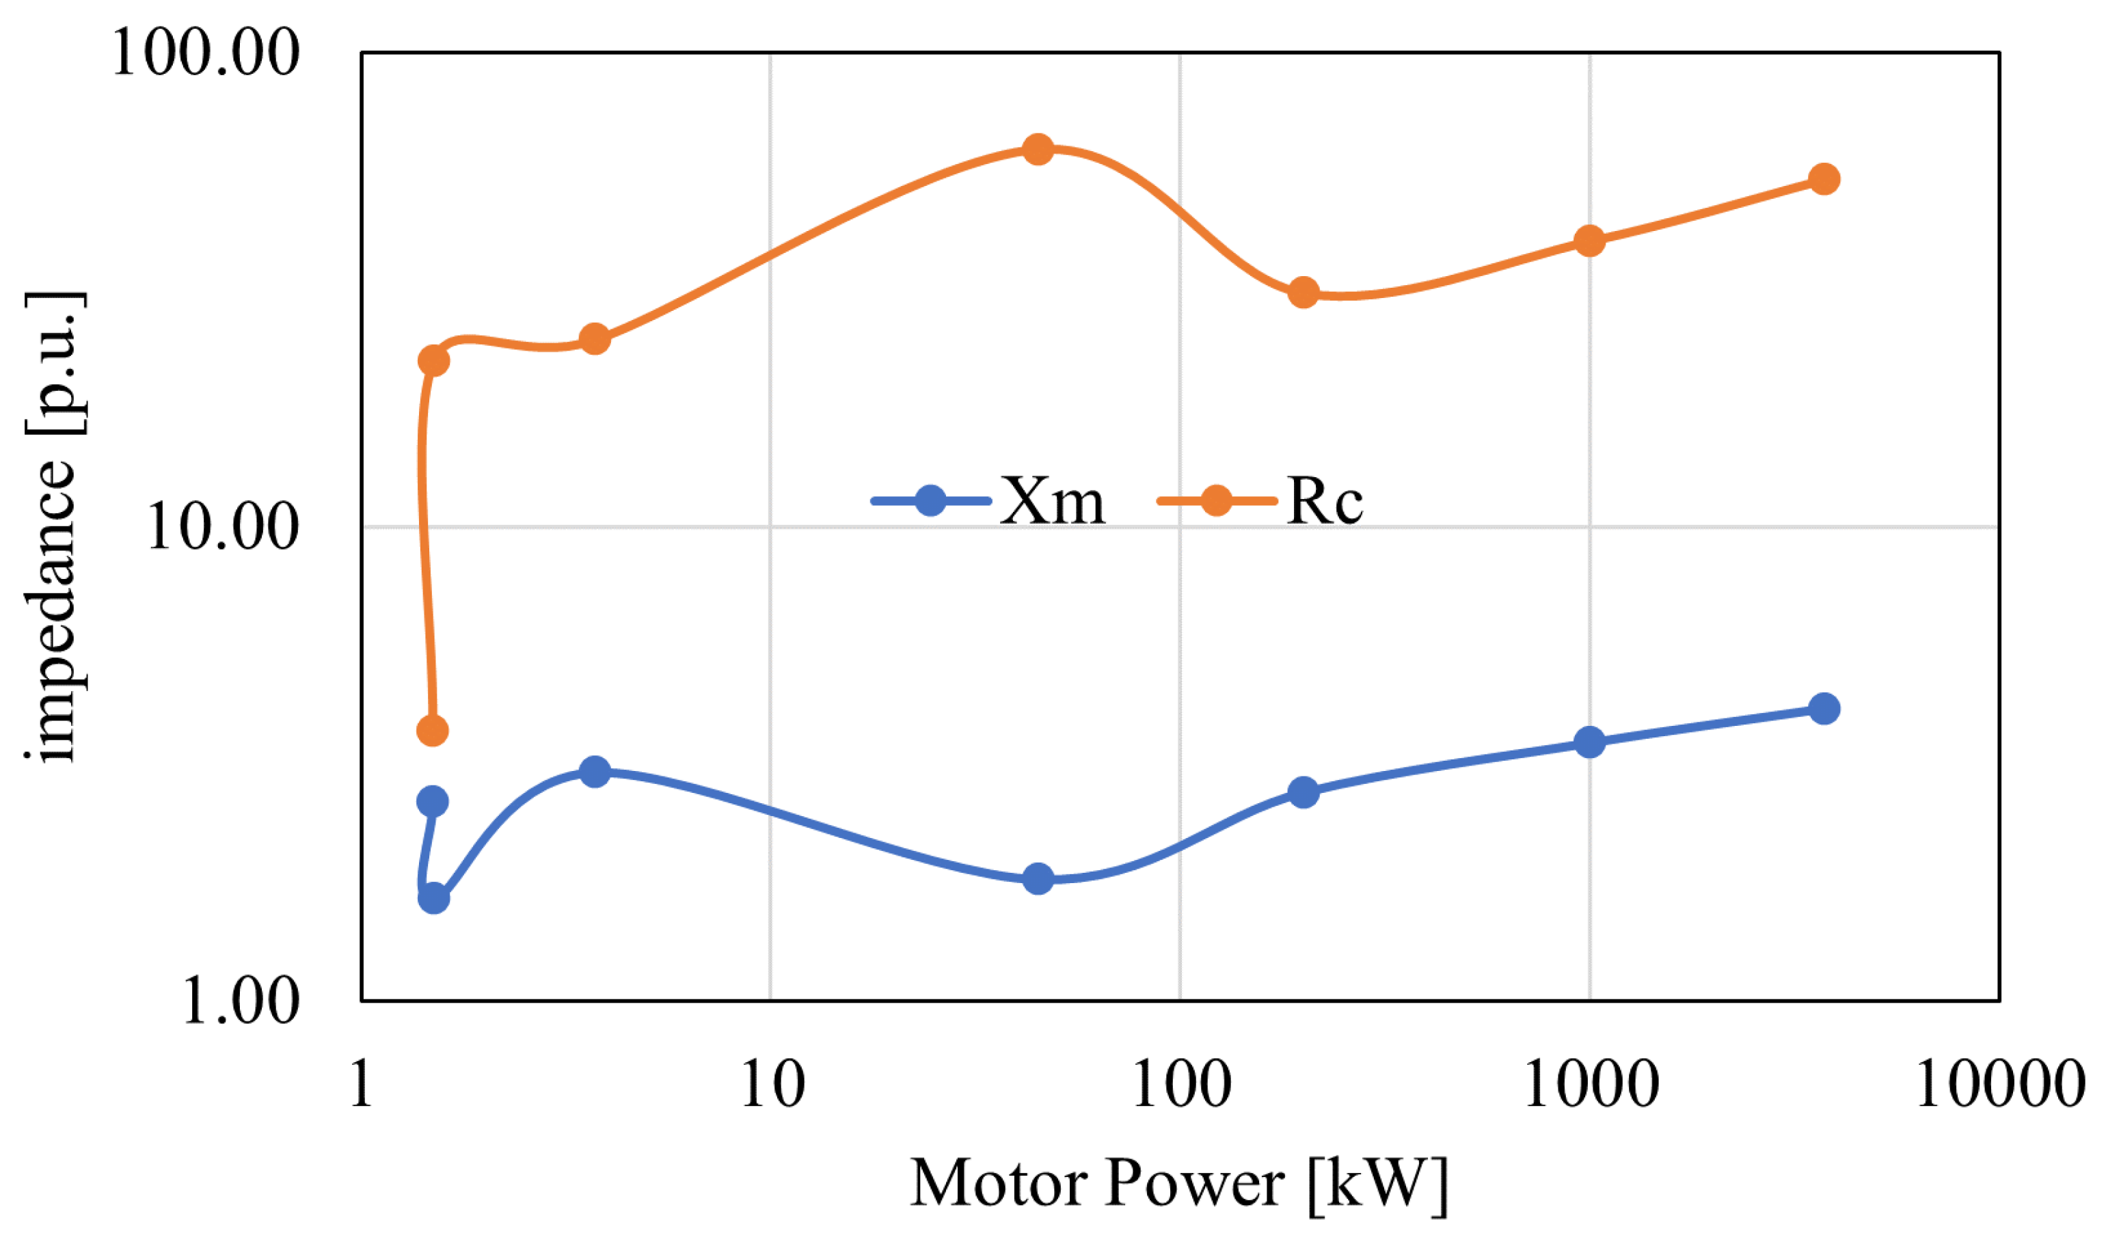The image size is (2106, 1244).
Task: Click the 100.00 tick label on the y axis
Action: pos(205,52)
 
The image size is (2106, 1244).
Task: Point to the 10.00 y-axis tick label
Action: pos(222,527)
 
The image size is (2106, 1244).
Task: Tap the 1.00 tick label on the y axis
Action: pos(241,1000)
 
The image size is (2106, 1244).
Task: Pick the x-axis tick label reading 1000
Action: pos(1591,1084)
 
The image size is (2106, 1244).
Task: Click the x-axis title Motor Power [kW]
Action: pos(1179,1182)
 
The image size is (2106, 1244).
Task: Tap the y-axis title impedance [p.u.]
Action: pos(52,526)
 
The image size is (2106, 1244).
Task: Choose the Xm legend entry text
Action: pos(1053,501)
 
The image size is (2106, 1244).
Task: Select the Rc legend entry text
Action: pos(1325,501)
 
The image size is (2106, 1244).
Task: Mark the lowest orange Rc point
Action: pos(433,730)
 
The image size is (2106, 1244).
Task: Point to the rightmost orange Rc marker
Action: pos(1824,178)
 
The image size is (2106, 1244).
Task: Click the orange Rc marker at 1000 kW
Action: pos(1590,241)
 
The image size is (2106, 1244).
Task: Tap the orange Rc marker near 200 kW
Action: pos(1303,293)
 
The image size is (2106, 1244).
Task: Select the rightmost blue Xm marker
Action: pos(1824,708)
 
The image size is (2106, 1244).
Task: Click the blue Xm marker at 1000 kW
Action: pos(1590,742)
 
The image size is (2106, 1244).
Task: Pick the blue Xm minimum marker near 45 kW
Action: pos(1038,878)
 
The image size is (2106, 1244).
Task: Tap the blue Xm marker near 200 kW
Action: pos(1303,792)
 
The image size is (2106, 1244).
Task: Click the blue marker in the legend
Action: pos(931,501)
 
